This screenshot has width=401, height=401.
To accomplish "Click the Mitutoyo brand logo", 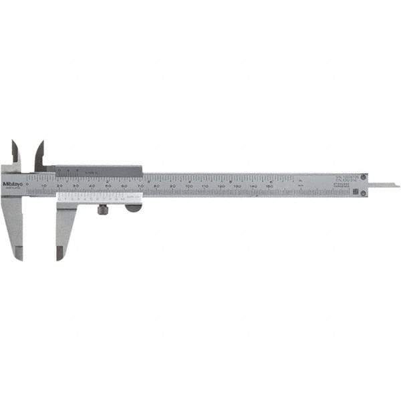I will (12, 184).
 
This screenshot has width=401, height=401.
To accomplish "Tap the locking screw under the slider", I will (103, 210).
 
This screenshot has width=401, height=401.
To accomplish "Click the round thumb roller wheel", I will (133, 208).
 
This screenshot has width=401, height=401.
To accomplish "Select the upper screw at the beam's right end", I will (364, 178).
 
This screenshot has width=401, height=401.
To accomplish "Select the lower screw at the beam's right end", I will (364, 193).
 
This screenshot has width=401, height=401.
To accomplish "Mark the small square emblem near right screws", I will (354, 192).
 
